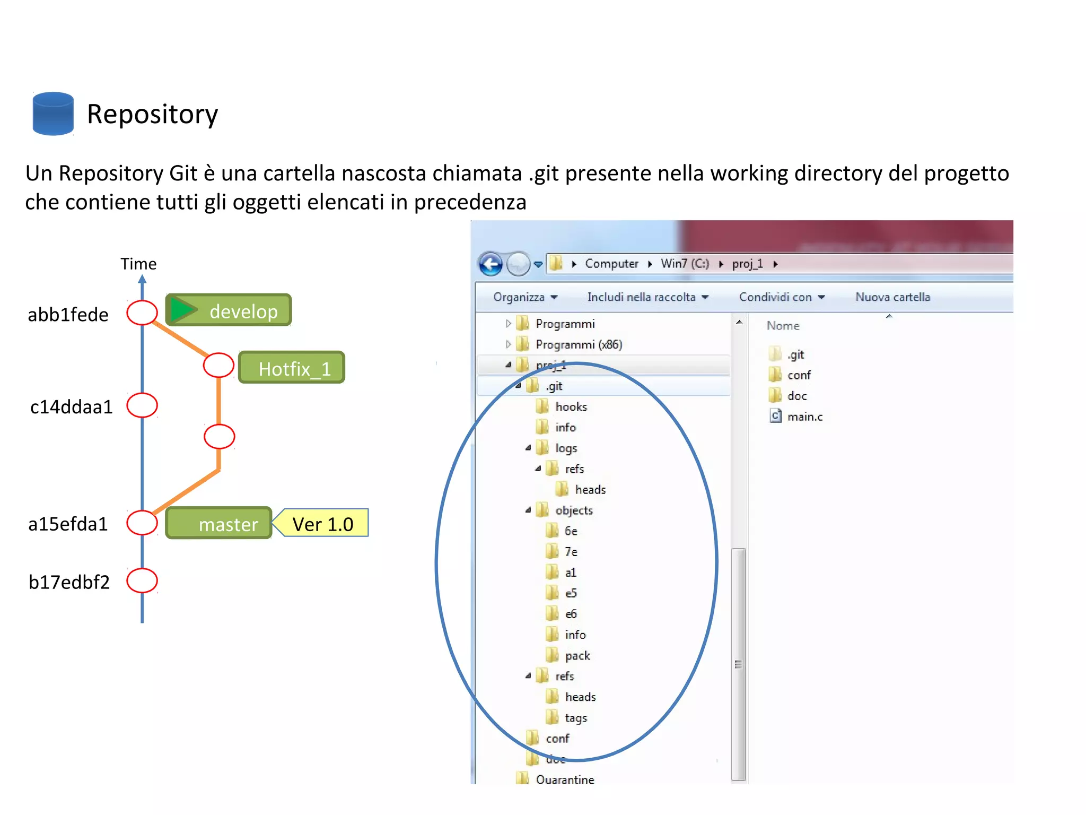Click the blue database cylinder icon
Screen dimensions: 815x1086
pos(53,114)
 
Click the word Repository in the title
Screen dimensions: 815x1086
pos(152,114)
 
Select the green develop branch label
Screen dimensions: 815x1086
pos(229,310)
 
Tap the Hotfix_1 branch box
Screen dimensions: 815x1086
pos(292,368)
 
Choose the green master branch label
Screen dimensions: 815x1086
pos(219,524)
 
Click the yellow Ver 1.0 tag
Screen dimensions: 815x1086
pos(322,524)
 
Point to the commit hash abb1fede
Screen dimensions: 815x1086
pos(68,315)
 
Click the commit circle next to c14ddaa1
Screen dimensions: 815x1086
pos(142,405)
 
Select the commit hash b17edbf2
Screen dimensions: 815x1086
pos(69,582)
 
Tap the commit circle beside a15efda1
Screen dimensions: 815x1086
pos(142,523)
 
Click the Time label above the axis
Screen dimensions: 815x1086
pos(138,264)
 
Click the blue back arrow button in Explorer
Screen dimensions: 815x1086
pos(491,264)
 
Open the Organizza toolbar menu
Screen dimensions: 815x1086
pos(524,297)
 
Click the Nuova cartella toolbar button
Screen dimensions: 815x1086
pos(892,297)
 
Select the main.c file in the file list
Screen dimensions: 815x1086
pos(804,417)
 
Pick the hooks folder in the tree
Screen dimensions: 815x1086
pos(571,406)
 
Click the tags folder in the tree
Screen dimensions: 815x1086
pos(575,717)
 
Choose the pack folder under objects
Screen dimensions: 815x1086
pos(577,655)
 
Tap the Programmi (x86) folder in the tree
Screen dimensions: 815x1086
pos(578,344)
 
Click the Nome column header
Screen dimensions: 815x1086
pos(783,326)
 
